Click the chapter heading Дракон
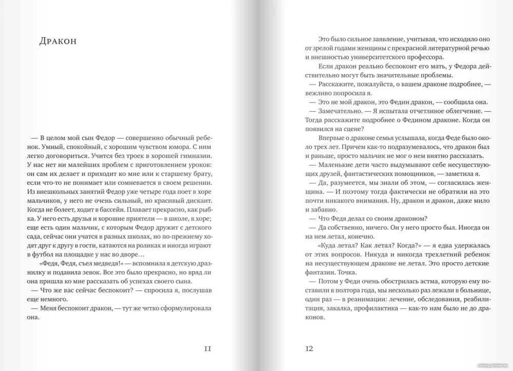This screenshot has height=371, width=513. tap(58, 42)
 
